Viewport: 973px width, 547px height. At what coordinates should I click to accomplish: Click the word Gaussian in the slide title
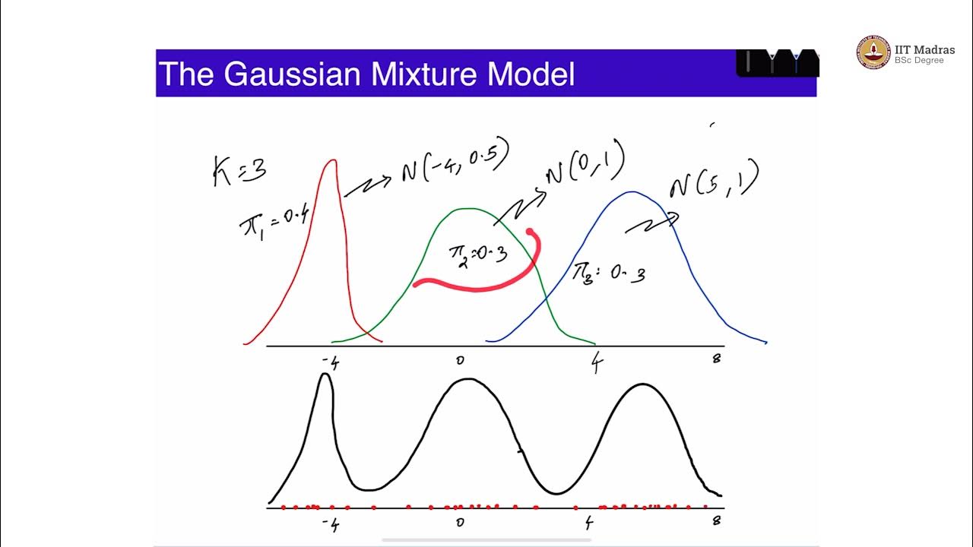pyautogui.click(x=293, y=74)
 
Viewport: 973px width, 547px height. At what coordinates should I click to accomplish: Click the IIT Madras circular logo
pyautogui.click(x=873, y=52)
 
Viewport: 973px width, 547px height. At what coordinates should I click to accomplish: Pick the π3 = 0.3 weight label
pyautogui.click(x=610, y=273)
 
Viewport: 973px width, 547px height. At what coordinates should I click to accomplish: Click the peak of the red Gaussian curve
pyautogui.click(x=331, y=160)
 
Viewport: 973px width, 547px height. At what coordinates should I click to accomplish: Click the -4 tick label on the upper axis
pyautogui.click(x=330, y=362)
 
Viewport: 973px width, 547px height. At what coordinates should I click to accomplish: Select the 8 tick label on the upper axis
pyautogui.click(x=716, y=359)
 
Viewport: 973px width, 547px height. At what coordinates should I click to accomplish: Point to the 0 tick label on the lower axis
pyautogui.click(x=459, y=522)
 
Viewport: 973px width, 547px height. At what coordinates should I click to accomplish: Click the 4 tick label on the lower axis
pyautogui.click(x=589, y=523)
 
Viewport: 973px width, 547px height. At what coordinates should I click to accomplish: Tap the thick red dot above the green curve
pyautogui.click(x=530, y=232)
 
